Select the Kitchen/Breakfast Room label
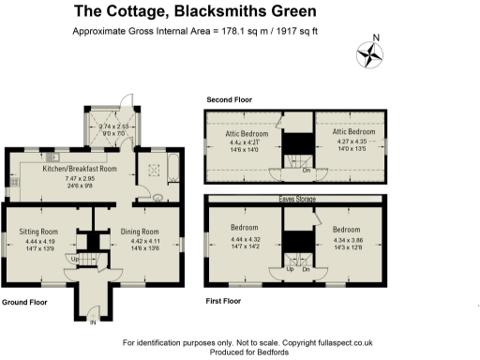coord(80,170)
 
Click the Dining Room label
coord(138,231)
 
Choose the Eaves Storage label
coord(296,199)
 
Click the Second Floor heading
coord(229,99)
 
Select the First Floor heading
coord(224,303)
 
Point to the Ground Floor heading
coord(25,303)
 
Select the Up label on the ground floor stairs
coord(73,259)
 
